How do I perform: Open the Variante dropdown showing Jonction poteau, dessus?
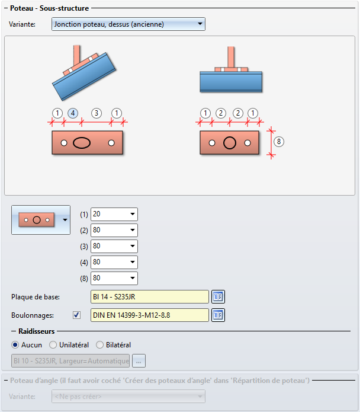[128, 24]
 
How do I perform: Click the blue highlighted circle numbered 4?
[73, 113]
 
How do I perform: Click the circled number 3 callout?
[97, 113]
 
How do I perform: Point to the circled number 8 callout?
[279, 142]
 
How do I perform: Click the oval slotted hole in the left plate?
[82, 143]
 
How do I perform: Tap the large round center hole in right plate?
[230, 143]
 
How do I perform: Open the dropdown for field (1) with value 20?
[114, 214]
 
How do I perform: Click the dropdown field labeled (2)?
[114, 230]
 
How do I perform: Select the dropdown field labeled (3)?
[114, 246]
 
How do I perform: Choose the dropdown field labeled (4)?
[114, 262]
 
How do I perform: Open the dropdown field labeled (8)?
[114, 278]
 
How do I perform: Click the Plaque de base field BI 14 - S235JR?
[150, 296]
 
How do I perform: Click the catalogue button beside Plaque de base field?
[218, 296]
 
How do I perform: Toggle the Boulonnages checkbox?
[76, 315]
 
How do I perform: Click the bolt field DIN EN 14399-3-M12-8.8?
[150, 315]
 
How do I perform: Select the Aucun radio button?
[15, 345]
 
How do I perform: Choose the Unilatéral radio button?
[53, 345]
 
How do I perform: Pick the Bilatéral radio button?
[99, 345]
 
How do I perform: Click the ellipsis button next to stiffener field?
[139, 361]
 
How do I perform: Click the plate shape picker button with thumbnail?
[41, 220]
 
